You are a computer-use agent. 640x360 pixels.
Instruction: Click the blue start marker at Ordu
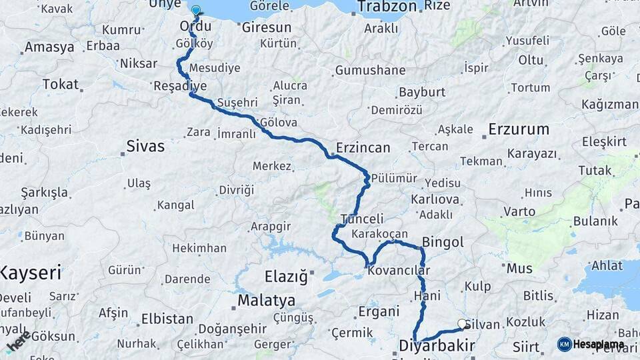point(196,11)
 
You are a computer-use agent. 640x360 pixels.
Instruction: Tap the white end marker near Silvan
point(462,324)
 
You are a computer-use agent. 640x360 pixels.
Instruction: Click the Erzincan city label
point(363,147)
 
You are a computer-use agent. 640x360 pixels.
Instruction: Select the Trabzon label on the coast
point(387,7)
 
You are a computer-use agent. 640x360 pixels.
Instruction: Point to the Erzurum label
point(519,129)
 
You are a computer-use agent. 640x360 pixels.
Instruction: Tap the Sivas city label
point(145,146)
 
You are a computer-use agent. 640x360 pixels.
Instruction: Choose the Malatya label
point(267,300)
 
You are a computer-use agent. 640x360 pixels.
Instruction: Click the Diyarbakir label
point(437,345)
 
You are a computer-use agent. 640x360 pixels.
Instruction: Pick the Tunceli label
point(362,219)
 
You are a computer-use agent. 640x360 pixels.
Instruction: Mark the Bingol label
point(443,242)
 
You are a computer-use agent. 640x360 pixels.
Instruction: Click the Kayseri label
point(31,272)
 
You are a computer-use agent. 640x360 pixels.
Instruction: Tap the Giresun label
point(267,28)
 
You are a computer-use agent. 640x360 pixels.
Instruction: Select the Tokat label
point(60,85)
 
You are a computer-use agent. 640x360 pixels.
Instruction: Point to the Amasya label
point(49,47)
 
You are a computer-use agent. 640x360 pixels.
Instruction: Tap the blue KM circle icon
point(564,345)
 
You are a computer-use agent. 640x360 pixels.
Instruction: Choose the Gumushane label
point(370,70)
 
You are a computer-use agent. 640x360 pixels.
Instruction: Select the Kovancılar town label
point(399,271)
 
